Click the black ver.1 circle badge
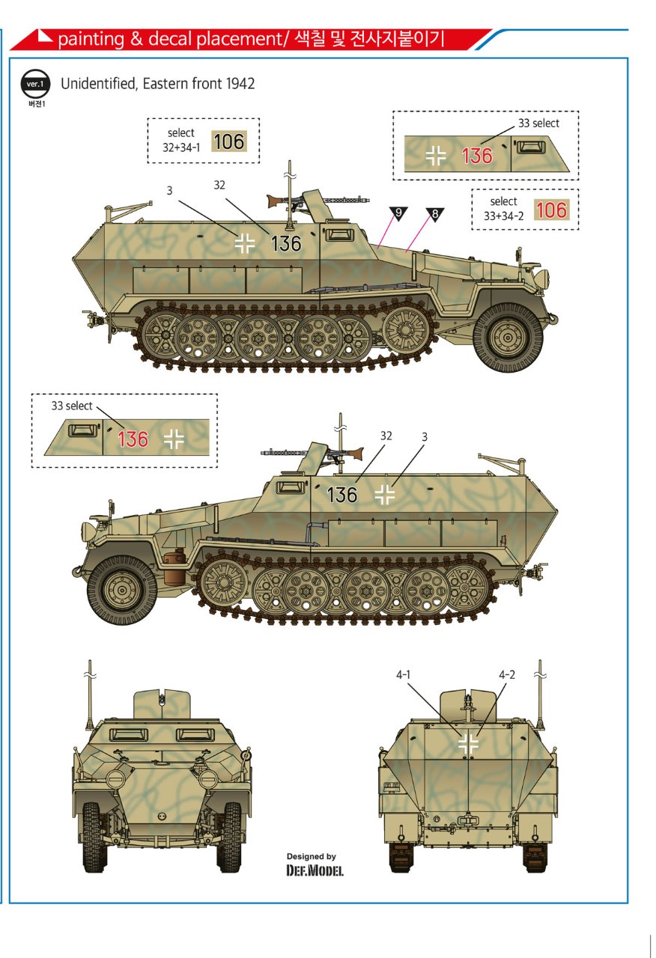tap(35, 84)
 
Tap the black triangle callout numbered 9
tap(398, 213)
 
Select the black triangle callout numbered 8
tap(435, 214)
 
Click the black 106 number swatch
tap(229, 141)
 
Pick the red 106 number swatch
tap(552, 210)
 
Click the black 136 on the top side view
tap(286, 244)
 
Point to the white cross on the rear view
tap(469, 743)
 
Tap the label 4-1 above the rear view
tap(403, 674)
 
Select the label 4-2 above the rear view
tap(507, 674)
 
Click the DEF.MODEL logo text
tap(315, 870)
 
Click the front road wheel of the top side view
tap(508, 338)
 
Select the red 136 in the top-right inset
tap(477, 156)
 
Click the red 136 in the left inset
tap(133, 439)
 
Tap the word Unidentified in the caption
tap(99, 83)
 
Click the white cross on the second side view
tap(384, 495)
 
